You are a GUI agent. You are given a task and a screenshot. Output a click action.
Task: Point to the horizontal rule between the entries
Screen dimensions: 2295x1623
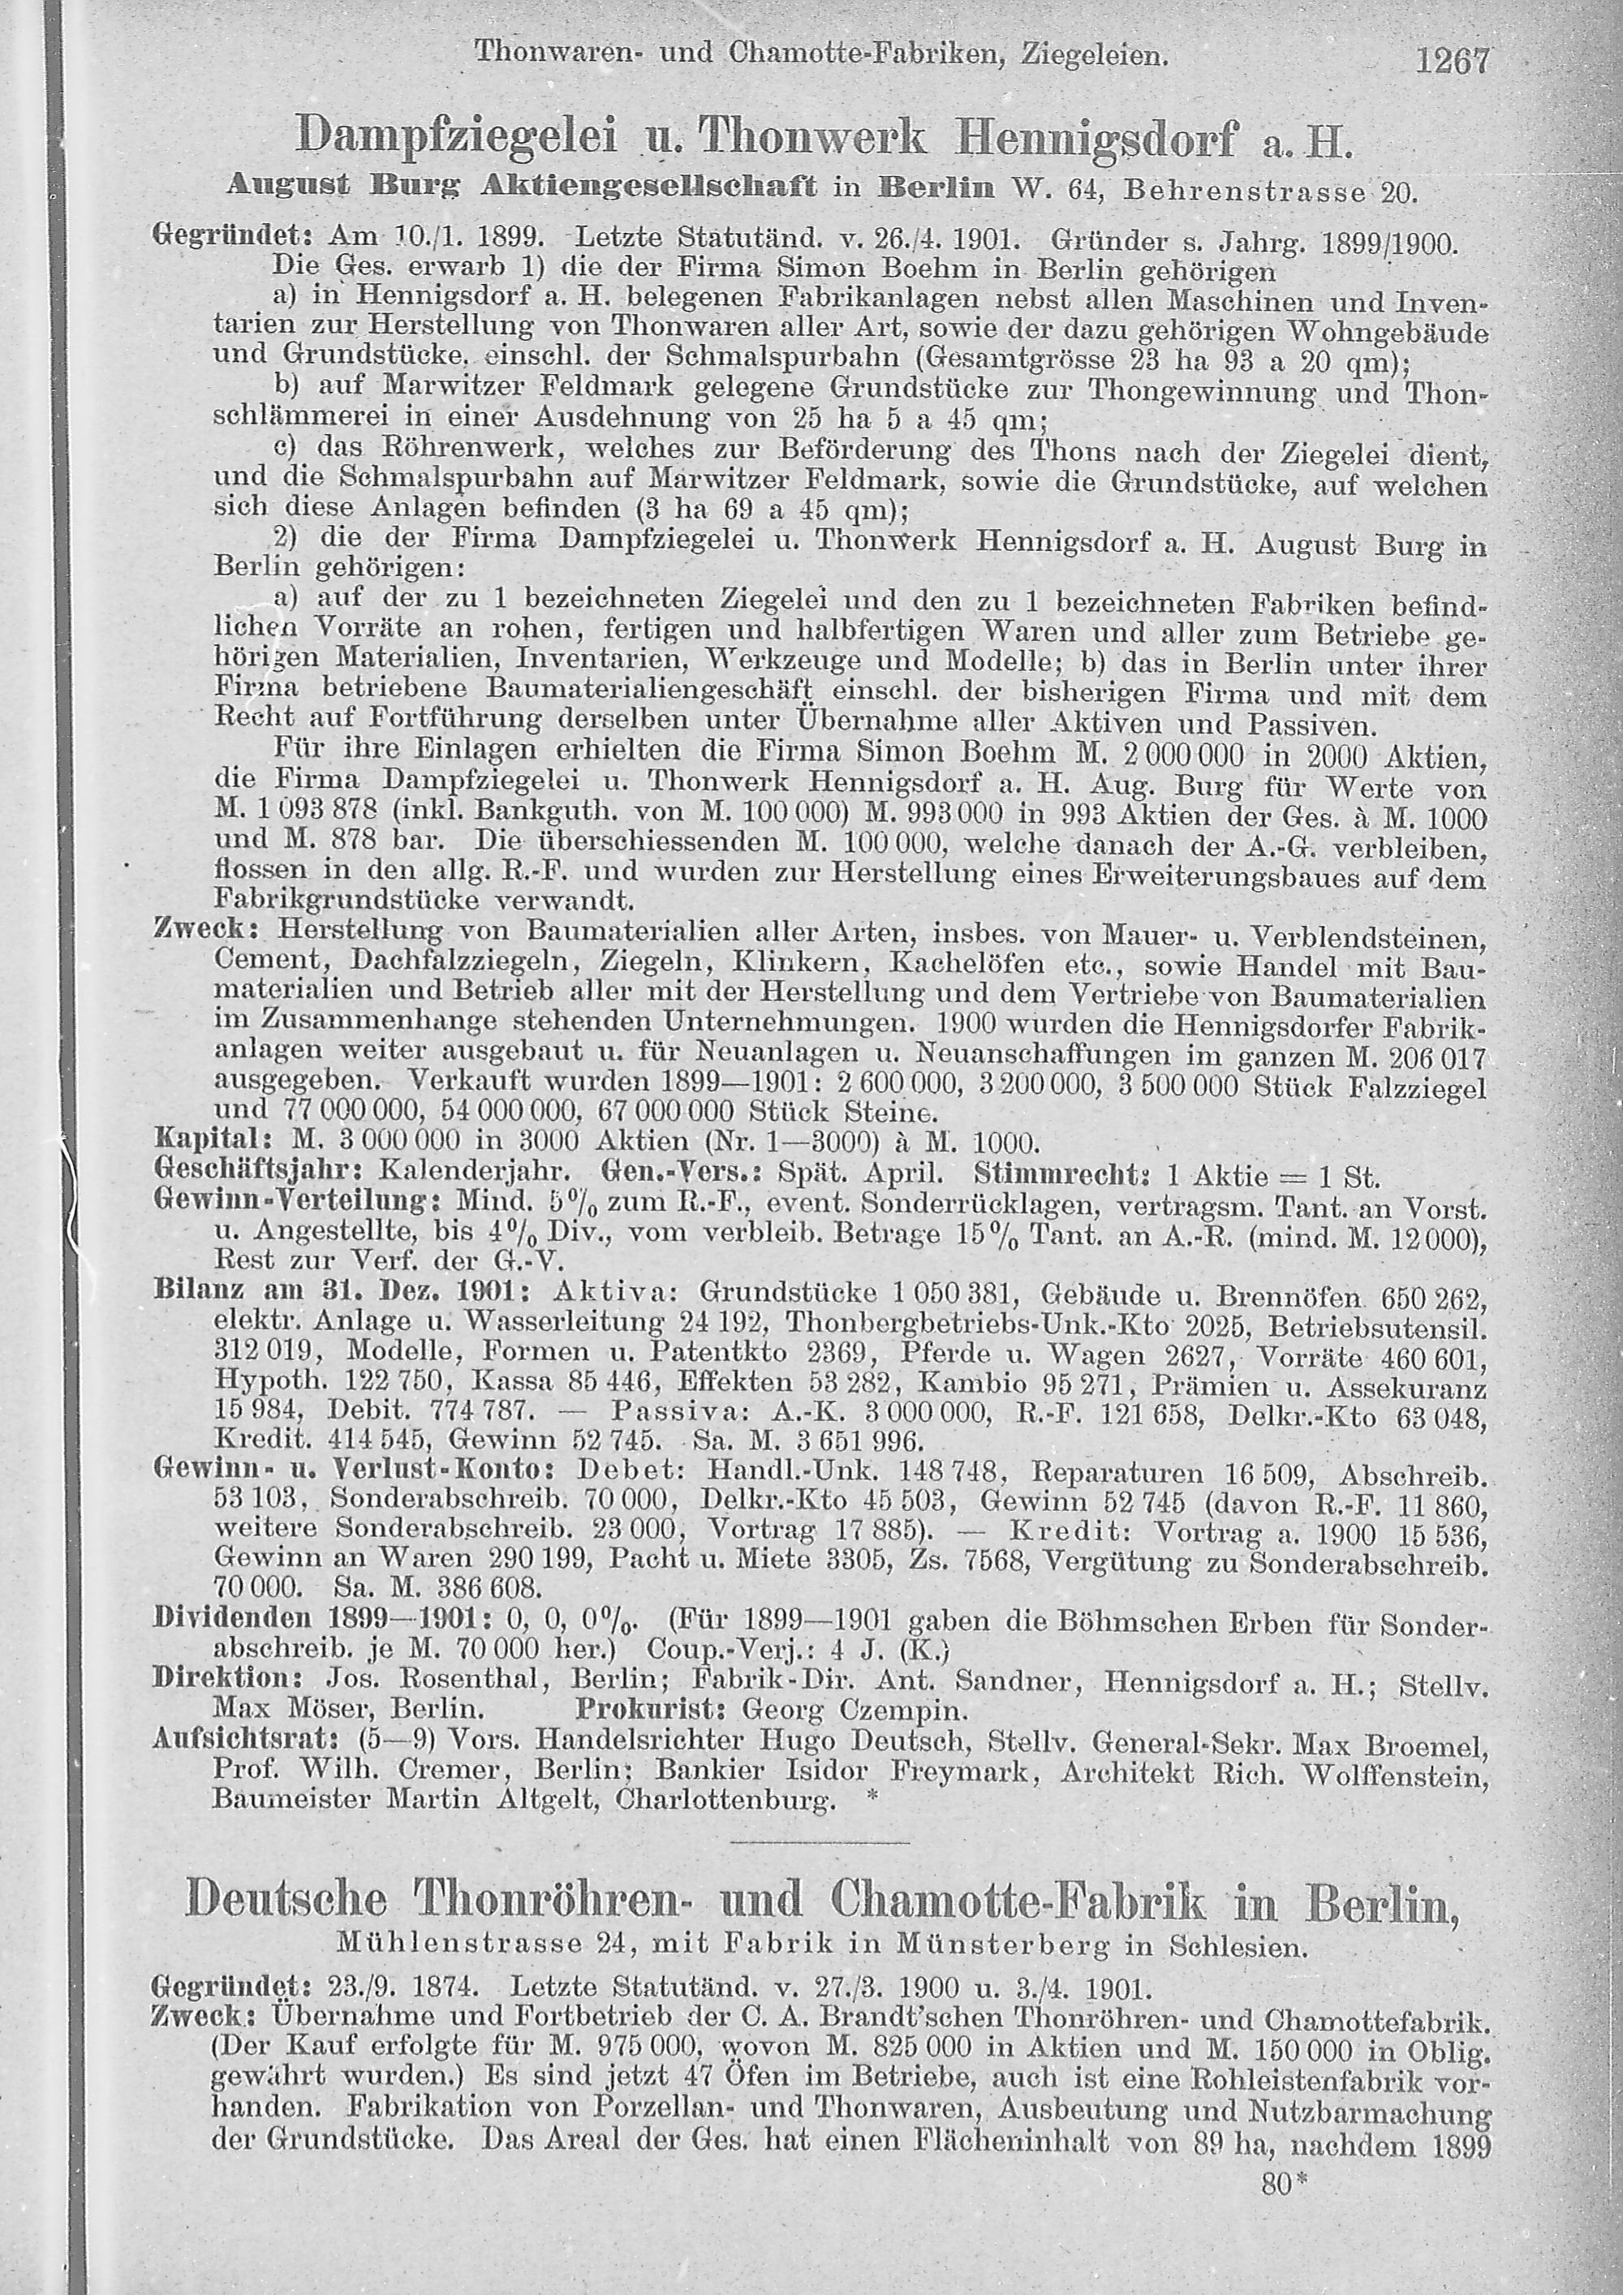coord(820,1841)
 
